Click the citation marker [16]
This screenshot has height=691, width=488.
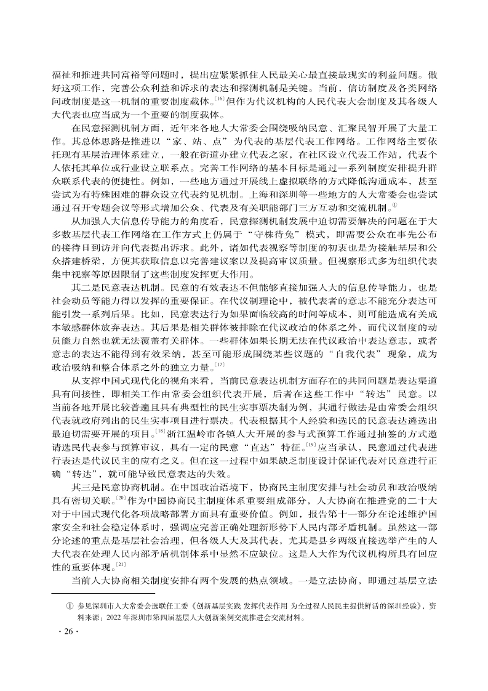point(220,97)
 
